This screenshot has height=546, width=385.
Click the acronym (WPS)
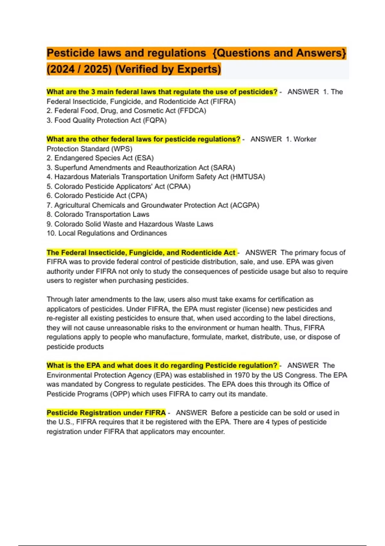[122, 149]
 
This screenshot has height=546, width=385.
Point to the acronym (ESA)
[144, 158]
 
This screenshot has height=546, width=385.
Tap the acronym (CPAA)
[179, 186]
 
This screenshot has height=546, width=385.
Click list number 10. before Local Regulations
[51, 233]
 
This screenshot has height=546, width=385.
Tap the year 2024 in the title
[60, 69]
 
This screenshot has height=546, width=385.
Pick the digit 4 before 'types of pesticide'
[268, 422]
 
